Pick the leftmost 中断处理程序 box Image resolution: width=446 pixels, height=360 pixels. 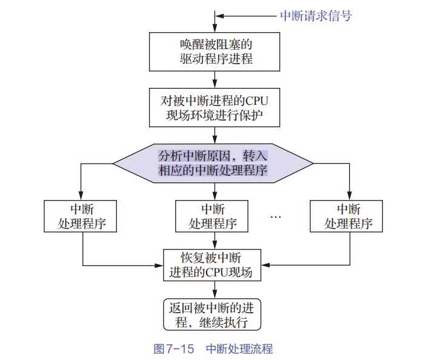(81, 216)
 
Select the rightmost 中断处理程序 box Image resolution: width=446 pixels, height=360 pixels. (347, 216)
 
